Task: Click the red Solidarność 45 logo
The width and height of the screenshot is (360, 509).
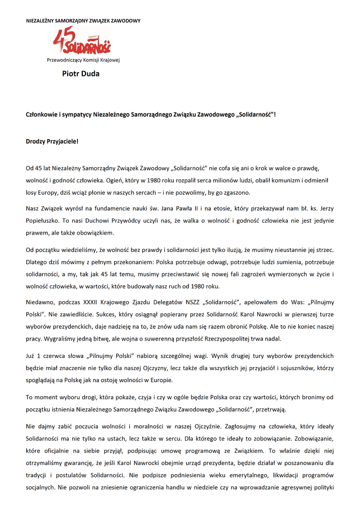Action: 81,41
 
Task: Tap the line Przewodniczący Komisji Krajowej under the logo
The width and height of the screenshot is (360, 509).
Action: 83,60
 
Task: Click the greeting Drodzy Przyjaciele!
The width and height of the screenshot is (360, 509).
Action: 52,142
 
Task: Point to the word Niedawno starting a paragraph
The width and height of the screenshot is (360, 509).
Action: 42,301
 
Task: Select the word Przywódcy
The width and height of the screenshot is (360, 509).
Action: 117,221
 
